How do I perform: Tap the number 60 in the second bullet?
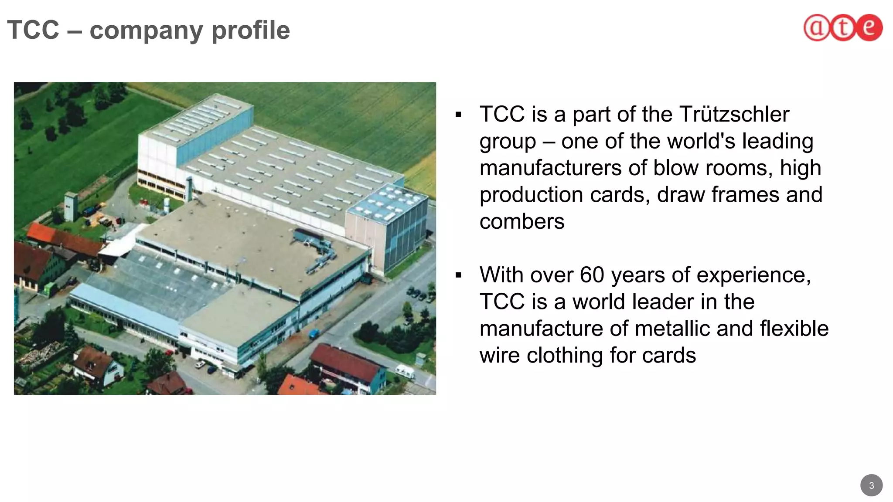[x=592, y=275]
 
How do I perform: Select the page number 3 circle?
[x=871, y=485]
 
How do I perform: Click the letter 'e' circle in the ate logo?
[x=869, y=28]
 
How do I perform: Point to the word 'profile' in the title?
[x=250, y=31]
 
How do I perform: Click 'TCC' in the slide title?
[x=33, y=31]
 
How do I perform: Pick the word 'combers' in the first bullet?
[x=522, y=222]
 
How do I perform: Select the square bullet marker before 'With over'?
[x=458, y=275]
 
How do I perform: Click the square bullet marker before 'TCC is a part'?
[x=458, y=115]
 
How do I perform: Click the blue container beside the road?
[x=314, y=334]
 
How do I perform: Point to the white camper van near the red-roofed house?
[x=405, y=372]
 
